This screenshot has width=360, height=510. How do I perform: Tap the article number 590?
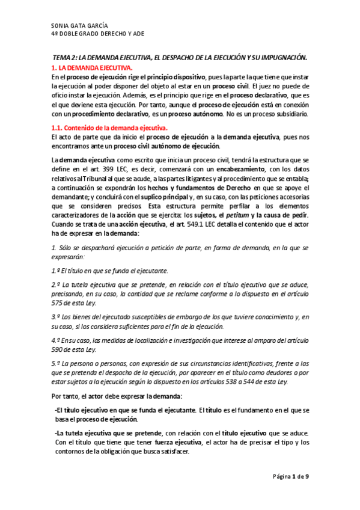pyautogui.click(x=58, y=349)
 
